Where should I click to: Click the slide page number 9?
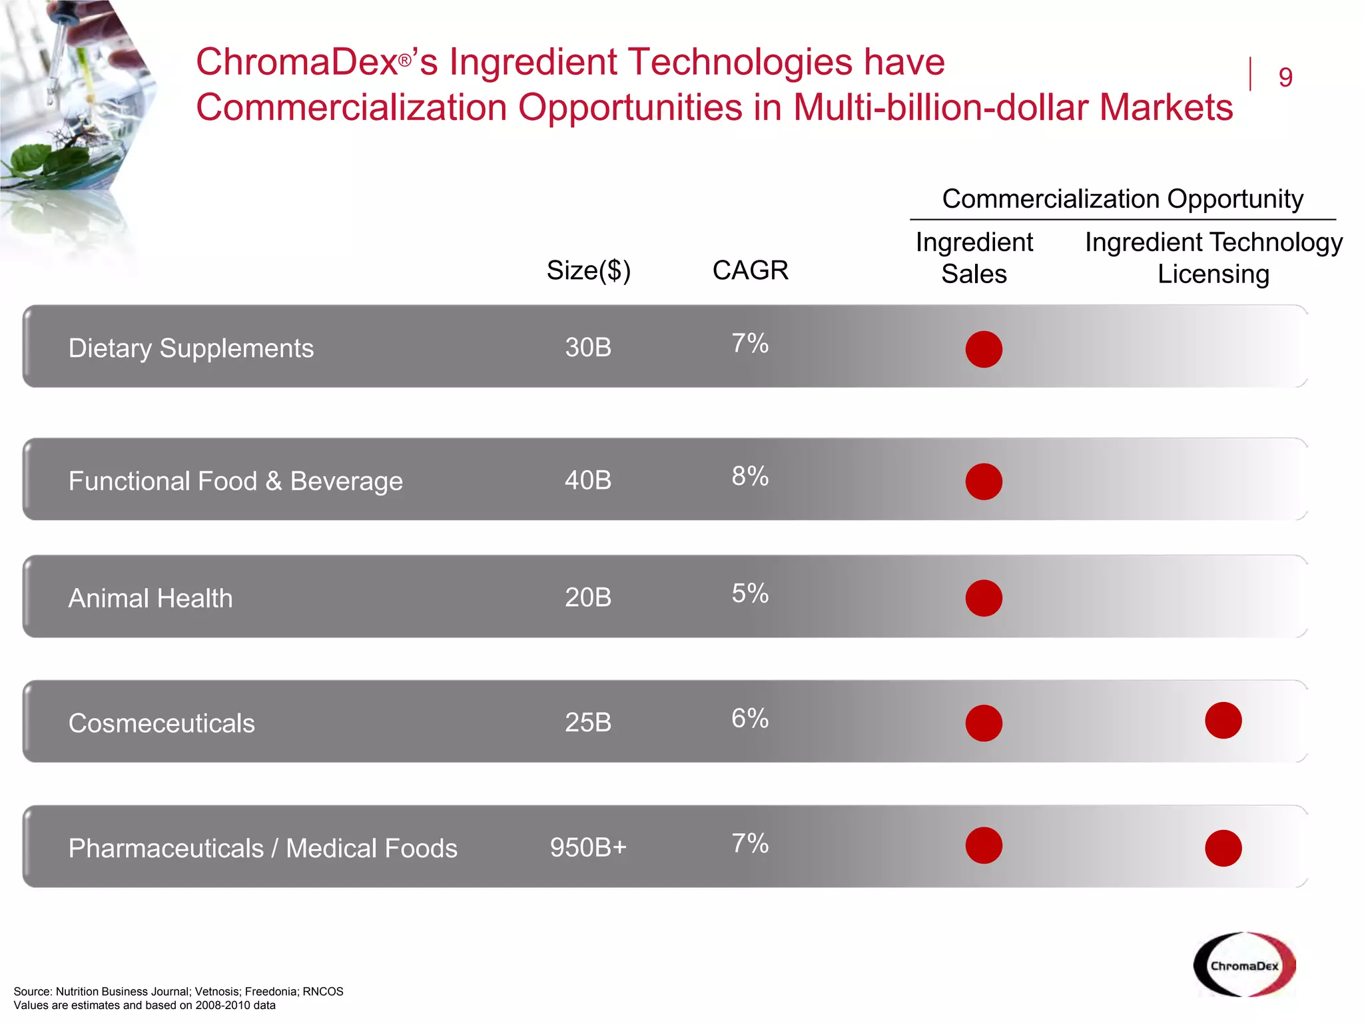tap(1285, 77)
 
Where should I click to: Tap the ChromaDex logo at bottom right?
tap(1244, 965)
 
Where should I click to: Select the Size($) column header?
tap(588, 270)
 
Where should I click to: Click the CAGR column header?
tap(750, 270)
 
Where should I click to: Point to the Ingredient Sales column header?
tap(974, 258)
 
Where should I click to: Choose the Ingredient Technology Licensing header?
tap(1213, 258)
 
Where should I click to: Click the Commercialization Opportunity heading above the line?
tap(1122, 199)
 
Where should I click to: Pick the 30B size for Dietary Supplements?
tap(588, 348)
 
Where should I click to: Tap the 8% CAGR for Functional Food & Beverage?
tap(750, 476)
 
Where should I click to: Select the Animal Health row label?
tap(151, 598)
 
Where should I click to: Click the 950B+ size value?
tap(588, 847)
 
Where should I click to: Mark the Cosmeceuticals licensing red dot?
tap(1223, 721)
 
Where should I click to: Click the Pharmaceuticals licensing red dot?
tap(1223, 848)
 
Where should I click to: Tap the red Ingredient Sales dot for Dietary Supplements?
tap(984, 349)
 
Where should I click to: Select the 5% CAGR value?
tap(750, 593)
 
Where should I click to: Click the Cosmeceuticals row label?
tap(162, 723)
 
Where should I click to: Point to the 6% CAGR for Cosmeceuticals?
tap(750, 719)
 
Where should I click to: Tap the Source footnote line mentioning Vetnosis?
tap(178, 991)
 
